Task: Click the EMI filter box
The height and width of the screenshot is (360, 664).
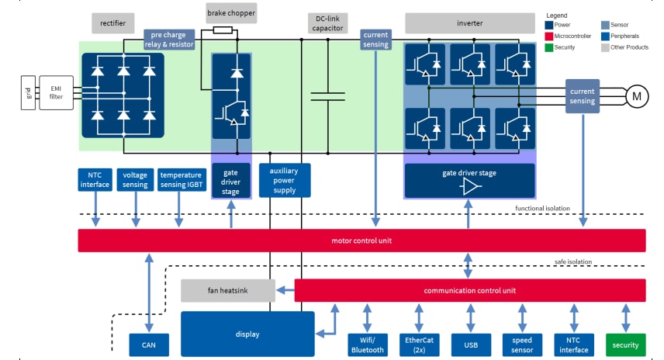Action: tap(57, 93)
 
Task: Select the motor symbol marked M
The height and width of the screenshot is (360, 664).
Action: tap(637, 95)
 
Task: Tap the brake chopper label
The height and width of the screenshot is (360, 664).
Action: tap(231, 13)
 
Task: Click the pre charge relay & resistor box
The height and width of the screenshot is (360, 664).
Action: tap(169, 40)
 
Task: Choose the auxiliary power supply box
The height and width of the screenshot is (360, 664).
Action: tap(285, 180)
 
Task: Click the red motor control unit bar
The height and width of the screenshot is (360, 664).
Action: tap(361, 241)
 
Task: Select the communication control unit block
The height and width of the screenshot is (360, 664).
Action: tap(470, 291)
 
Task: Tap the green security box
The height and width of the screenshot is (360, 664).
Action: tap(625, 344)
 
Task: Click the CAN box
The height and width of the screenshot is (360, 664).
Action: tap(149, 344)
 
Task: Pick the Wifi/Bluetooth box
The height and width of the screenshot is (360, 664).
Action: tap(368, 344)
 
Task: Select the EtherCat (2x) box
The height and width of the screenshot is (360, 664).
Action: tap(419, 344)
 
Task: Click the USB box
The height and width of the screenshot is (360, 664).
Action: tap(470, 344)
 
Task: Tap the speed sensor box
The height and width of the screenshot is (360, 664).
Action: tap(522, 344)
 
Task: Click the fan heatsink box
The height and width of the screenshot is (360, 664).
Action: tap(228, 291)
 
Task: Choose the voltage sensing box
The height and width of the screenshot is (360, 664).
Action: tap(136, 180)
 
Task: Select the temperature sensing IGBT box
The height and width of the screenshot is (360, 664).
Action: tap(181, 180)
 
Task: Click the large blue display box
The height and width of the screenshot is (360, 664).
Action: tap(247, 334)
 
